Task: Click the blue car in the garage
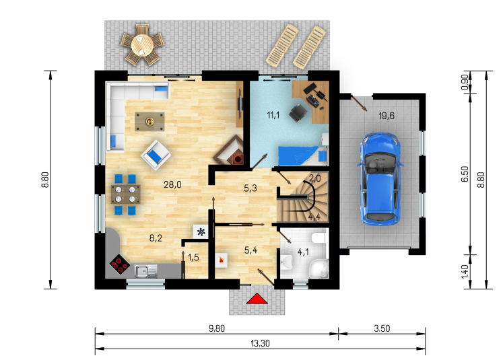(x=380, y=179)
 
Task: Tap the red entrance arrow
(x=257, y=299)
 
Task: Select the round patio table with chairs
(x=142, y=45)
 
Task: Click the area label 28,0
(x=172, y=184)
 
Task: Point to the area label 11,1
(x=273, y=115)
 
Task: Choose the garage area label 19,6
(x=387, y=116)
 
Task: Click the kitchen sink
(x=146, y=271)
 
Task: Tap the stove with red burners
(x=120, y=264)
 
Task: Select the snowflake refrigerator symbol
(x=201, y=231)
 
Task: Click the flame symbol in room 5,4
(x=221, y=260)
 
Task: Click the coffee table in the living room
(x=149, y=122)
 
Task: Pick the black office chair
(x=298, y=113)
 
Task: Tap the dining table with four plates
(x=125, y=194)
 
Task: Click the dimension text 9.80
(x=217, y=328)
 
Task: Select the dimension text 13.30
(x=260, y=343)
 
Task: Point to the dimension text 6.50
(x=465, y=174)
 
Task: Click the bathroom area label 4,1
(x=303, y=252)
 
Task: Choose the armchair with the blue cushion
(x=156, y=155)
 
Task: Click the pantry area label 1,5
(x=193, y=257)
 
